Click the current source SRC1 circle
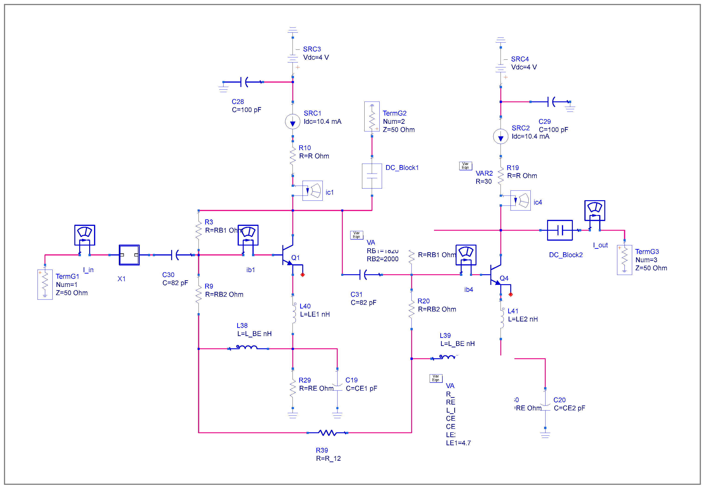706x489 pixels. pyautogui.click(x=293, y=122)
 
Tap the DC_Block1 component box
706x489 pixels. pyautogui.click(x=372, y=176)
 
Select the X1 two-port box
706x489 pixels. pyautogui.click(x=129, y=255)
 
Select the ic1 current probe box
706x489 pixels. pyautogui.click(x=312, y=190)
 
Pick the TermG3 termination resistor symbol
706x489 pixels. pyautogui.click(x=624, y=260)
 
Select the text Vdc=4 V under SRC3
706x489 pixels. pyautogui.click(x=316, y=57)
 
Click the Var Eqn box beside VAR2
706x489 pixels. pyautogui.click(x=465, y=166)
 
